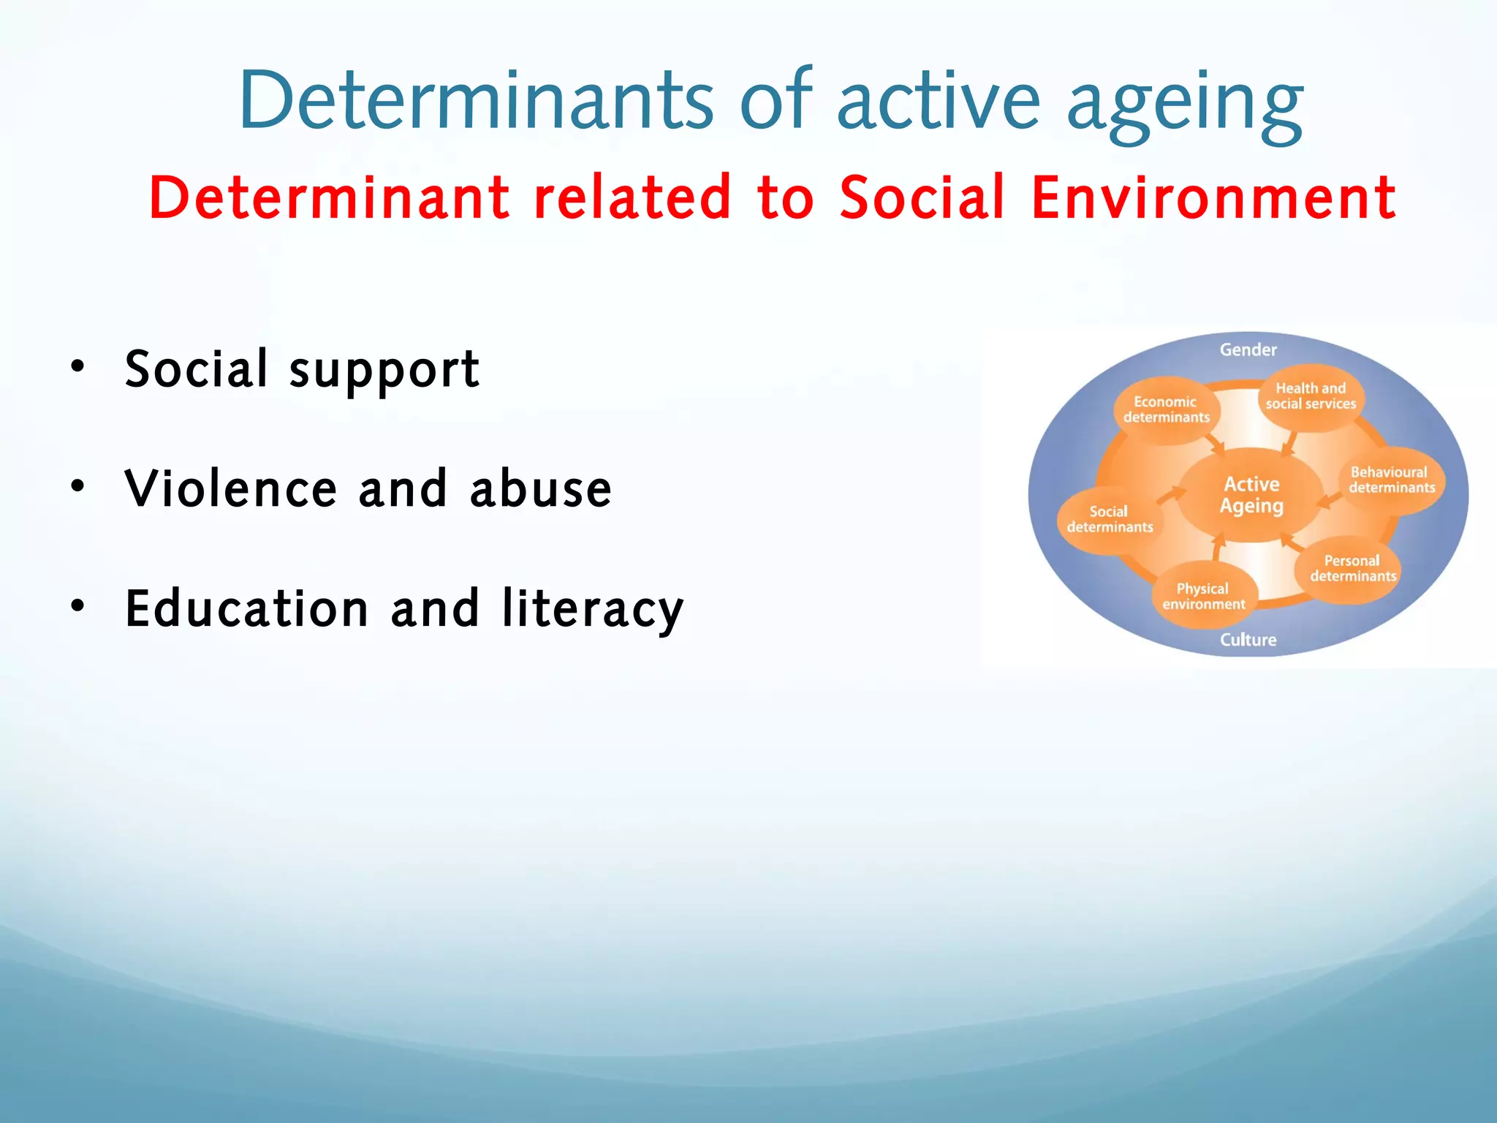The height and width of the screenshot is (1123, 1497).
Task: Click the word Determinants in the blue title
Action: pos(475,100)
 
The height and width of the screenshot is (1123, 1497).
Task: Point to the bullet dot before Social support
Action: pos(77,366)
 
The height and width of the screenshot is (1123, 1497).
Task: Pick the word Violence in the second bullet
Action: pos(231,488)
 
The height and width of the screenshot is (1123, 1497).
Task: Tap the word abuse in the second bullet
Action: pos(540,488)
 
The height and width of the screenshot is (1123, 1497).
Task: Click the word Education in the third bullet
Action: pos(247,608)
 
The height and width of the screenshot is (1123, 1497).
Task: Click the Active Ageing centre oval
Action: pos(1251,495)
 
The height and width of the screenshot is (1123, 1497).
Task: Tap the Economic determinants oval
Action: pos(1167,409)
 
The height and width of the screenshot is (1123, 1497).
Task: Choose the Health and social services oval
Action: pos(1311,396)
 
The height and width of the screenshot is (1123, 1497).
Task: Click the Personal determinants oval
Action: pos(1352,569)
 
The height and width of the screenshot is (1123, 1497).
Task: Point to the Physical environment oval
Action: pos(1204,597)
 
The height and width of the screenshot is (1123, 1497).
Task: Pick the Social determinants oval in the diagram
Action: pos(1110,519)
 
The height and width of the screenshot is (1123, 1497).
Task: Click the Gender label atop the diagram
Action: pos(1248,350)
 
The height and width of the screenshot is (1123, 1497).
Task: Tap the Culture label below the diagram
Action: pos(1248,640)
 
